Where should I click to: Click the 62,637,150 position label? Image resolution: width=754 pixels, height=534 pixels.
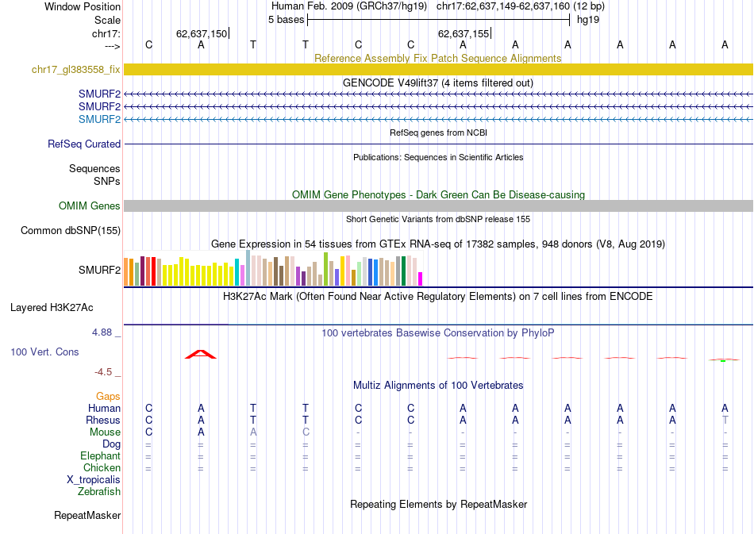click(202, 34)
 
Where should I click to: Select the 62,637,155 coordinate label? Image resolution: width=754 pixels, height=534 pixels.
click(464, 34)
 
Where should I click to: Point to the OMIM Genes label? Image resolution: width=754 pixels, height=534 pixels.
click(90, 206)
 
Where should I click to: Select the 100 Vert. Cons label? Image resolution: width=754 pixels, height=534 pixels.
click(44, 351)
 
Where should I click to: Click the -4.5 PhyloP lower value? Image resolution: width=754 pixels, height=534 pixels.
click(104, 371)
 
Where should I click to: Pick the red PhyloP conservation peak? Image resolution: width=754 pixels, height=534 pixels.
click(201, 354)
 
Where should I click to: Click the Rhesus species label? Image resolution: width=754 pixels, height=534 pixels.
click(103, 420)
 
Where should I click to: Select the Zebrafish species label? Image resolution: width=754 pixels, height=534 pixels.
click(99, 491)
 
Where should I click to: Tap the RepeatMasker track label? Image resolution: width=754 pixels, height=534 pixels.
click(87, 516)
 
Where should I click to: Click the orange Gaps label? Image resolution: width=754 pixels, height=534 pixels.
click(108, 396)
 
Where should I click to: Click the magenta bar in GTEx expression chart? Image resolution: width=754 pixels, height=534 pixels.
click(421, 279)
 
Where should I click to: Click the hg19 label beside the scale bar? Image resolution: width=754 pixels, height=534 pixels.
click(589, 19)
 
